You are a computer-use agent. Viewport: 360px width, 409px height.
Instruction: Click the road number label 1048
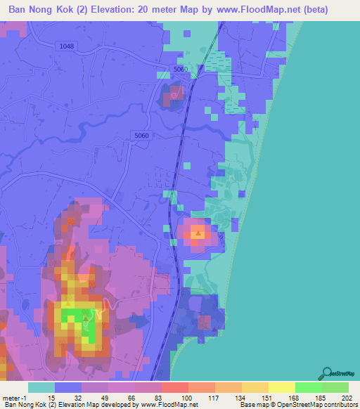pos(67,46)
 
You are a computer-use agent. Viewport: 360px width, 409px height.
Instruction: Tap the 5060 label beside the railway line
pos(181,70)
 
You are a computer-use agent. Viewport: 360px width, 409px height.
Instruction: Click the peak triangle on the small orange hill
pos(199,232)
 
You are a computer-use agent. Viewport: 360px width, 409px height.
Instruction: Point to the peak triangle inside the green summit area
pos(86,318)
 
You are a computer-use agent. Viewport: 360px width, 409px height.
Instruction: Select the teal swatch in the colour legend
pos(41,387)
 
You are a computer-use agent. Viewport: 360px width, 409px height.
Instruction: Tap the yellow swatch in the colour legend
pos(281,387)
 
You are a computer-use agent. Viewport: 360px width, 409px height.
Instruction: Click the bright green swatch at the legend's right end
pos(335,387)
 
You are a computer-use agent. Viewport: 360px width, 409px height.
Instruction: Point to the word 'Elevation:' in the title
pos(122,11)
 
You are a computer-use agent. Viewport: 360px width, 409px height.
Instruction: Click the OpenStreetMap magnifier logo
pos(326,373)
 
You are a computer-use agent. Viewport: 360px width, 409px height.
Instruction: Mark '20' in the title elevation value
pos(156,11)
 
